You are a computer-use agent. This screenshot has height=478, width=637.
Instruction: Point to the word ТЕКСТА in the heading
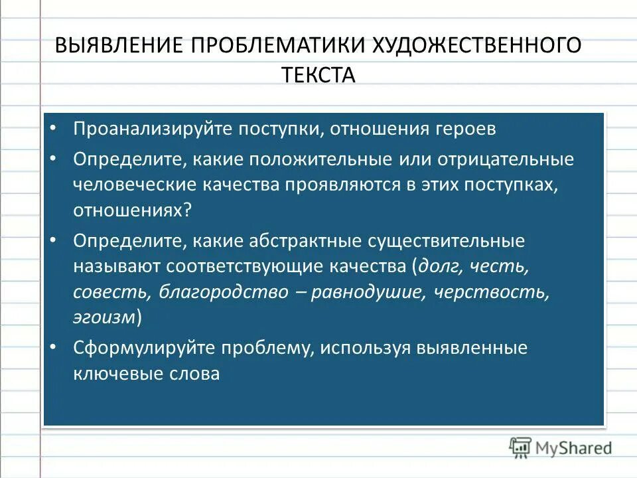318,74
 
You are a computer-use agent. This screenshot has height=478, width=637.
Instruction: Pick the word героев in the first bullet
462,129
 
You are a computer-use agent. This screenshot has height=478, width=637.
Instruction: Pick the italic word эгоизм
105,317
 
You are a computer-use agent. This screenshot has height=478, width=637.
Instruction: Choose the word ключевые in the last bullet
117,374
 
